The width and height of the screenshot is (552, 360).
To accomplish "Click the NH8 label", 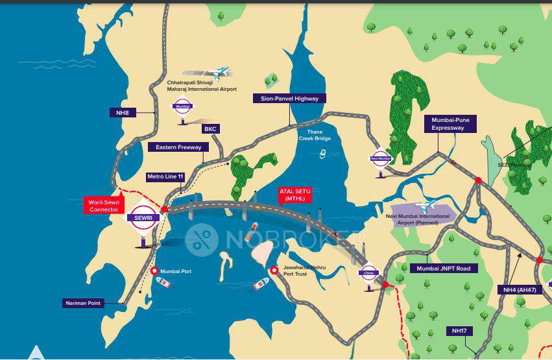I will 122,113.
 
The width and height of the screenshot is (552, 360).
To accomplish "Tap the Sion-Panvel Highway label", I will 289,99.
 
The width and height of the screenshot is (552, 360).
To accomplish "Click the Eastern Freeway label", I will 178,147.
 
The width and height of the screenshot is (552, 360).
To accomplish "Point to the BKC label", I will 210,129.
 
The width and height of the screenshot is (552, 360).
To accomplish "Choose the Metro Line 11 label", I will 166,176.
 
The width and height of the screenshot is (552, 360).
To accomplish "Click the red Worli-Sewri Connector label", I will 104,206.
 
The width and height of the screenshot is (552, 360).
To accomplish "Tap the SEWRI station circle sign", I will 143,217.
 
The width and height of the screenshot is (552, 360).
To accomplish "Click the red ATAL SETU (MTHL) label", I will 295,195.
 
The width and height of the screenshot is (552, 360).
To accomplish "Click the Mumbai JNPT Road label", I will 444,268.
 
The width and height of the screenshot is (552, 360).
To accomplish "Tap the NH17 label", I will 459,331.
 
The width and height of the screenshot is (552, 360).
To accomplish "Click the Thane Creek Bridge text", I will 314,135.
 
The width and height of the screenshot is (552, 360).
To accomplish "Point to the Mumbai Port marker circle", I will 154,271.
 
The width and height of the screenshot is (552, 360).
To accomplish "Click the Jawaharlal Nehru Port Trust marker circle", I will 274,270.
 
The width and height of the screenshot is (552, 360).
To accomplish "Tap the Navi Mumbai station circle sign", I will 381,158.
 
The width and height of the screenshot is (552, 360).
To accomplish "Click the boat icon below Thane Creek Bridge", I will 322,154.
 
